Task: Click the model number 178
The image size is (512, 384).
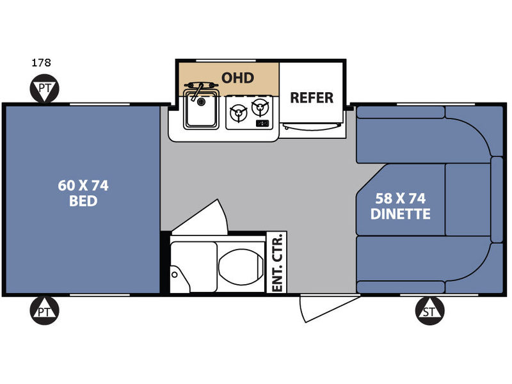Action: click(x=41, y=62)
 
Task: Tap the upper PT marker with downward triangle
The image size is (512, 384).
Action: click(x=44, y=88)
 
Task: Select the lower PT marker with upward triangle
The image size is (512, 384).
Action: click(x=44, y=311)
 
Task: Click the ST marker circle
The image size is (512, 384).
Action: click(x=429, y=311)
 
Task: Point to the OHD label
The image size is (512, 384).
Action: click(x=237, y=78)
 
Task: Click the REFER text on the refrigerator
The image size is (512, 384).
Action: click(x=312, y=98)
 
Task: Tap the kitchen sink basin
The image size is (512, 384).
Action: click(x=201, y=109)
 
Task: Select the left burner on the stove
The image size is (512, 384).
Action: click(x=238, y=113)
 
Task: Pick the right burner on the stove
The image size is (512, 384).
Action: click(x=260, y=107)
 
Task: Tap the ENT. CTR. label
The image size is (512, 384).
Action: click(x=277, y=262)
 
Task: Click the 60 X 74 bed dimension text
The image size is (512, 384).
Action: click(x=83, y=186)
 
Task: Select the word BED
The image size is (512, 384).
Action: click(x=83, y=201)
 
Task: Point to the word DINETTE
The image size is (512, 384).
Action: click(x=401, y=214)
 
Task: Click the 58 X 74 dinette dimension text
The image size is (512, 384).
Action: click(x=401, y=198)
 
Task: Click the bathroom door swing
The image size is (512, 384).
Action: click(x=202, y=218)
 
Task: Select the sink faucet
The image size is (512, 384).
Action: click(x=198, y=92)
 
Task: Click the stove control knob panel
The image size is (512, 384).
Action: click(x=262, y=123)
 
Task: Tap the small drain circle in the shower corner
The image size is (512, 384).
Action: click(x=175, y=275)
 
